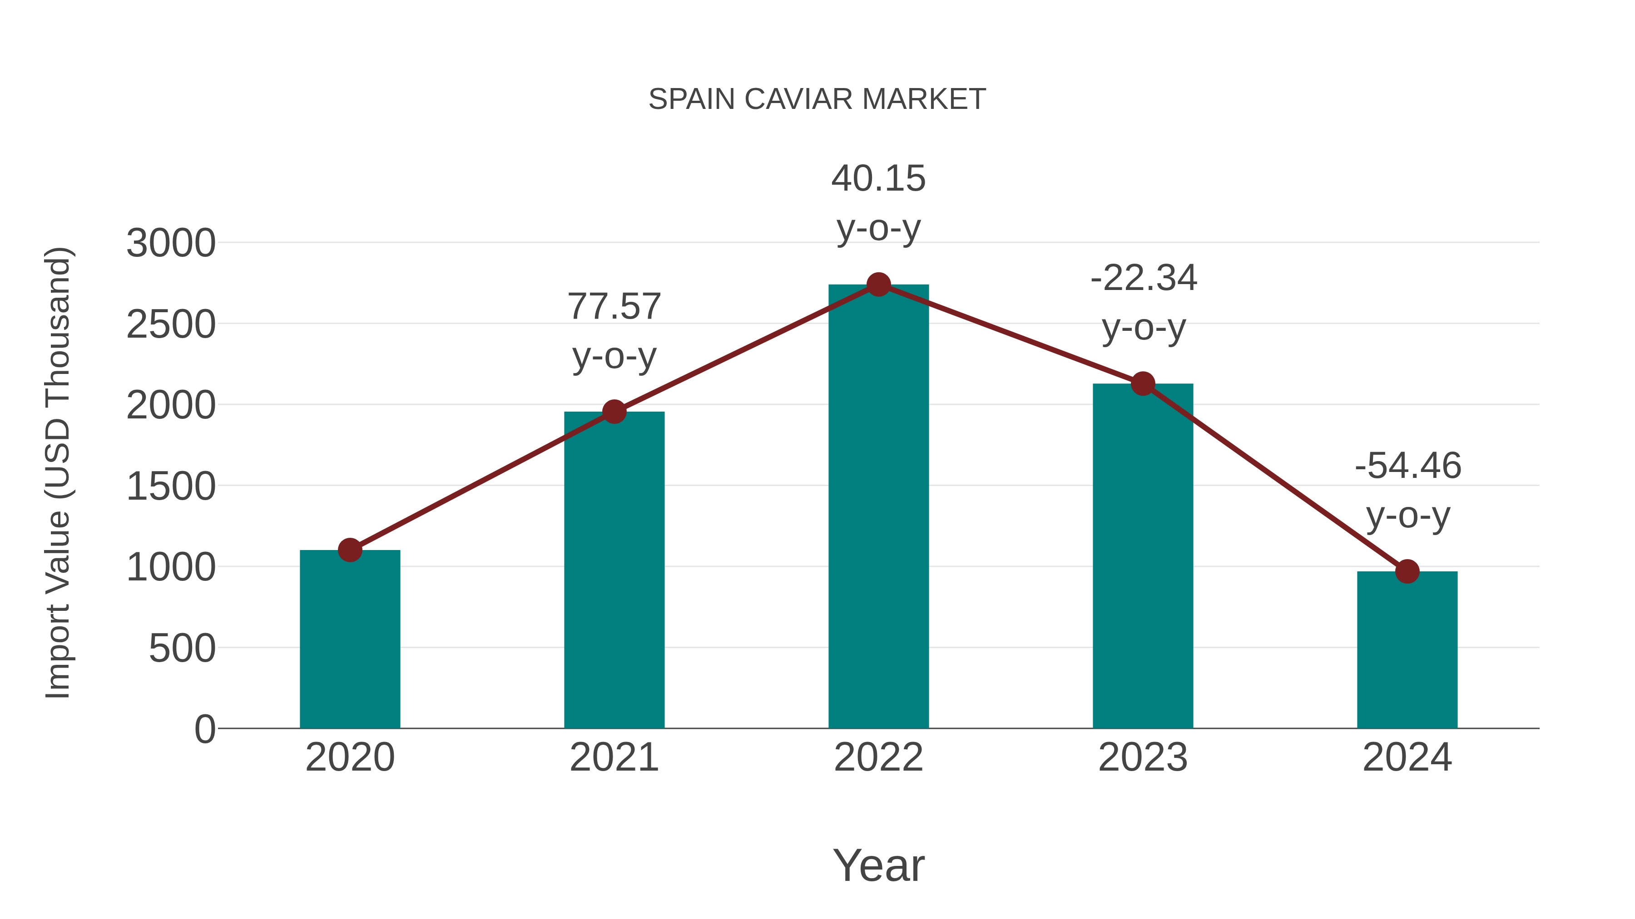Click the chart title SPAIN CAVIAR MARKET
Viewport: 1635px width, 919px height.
pos(817,99)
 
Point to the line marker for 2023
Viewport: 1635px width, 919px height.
pos(1143,383)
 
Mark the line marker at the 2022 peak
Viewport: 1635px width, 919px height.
pos(878,285)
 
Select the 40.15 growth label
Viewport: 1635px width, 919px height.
pos(878,179)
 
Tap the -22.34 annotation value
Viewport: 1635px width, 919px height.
pos(1143,279)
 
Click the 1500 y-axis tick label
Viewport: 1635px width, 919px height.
pos(171,487)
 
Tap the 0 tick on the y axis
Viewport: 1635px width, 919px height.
pos(204,729)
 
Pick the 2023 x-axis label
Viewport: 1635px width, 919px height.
pos(1143,757)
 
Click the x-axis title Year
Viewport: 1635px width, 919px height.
pos(878,865)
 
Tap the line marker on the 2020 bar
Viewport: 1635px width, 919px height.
pos(350,550)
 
